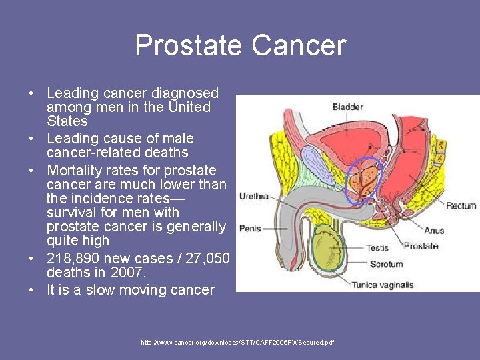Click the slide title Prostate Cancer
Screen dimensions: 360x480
(240, 45)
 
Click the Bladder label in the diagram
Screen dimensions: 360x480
(347, 107)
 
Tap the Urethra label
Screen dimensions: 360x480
(253, 196)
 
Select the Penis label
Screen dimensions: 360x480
(250, 228)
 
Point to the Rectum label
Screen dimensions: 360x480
(461, 206)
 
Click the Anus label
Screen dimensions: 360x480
(434, 231)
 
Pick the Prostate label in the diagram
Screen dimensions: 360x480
(421, 246)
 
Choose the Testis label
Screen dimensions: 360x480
(377, 248)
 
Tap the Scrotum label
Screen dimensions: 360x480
(386, 265)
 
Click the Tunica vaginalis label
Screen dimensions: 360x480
(383, 285)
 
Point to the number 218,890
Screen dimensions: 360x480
(73, 258)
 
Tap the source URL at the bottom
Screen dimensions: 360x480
(237, 343)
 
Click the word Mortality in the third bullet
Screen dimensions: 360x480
(73, 171)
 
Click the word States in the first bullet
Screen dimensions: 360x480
(67, 121)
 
